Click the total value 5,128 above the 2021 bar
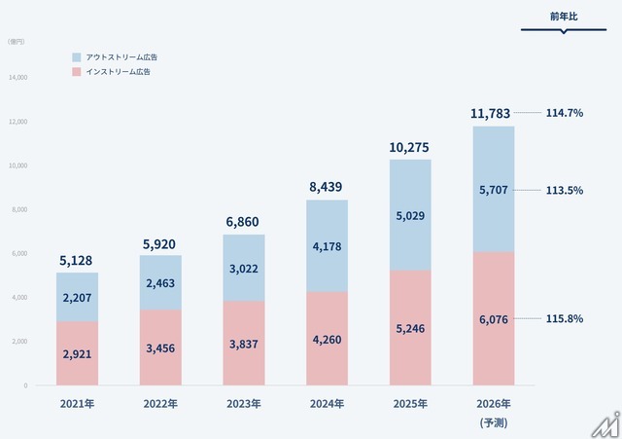77,260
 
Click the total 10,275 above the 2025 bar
409,147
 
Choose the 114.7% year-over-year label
564,113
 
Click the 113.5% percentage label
564,191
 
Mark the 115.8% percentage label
564,319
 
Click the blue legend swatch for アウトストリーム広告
78,56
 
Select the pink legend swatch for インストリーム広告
78,72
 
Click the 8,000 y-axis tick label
18,209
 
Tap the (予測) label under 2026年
493,422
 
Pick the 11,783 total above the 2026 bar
493,114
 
